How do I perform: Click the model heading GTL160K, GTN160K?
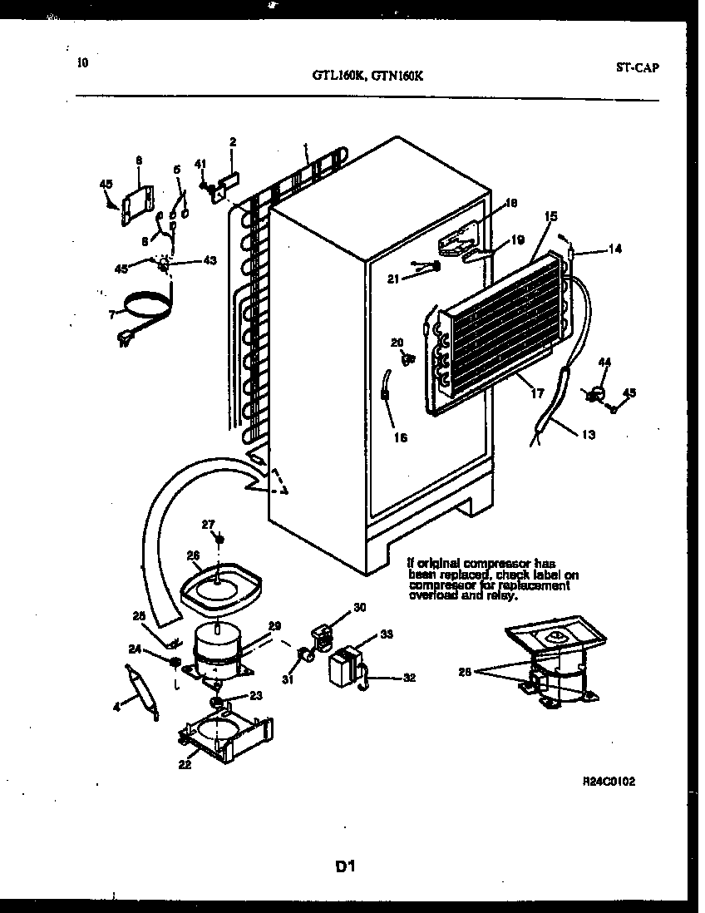[371, 74]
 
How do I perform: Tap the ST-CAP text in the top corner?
[638, 68]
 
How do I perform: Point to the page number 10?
[81, 62]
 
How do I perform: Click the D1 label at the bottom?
[346, 866]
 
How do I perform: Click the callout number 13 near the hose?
[589, 434]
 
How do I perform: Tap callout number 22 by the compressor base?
[185, 764]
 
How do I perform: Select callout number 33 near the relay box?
[386, 634]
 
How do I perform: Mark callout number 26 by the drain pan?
[193, 556]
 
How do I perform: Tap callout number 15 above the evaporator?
[550, 216]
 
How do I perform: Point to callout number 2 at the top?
[233, 141]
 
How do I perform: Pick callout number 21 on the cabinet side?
[393, 279]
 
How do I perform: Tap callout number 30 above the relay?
[359, 607]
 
